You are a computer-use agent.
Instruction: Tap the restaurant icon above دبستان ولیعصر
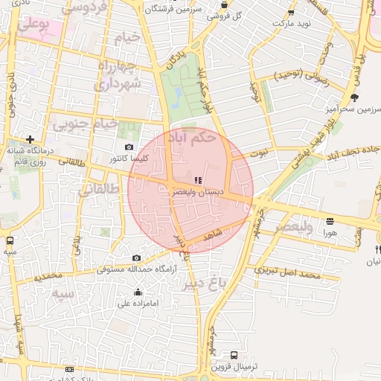click(x=197, y=180)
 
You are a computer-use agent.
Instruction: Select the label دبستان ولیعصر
click(x=197, y=191)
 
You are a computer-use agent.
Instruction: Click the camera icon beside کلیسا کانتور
click(x=130, y=147)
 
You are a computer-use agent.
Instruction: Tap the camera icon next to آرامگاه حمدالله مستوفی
click(x=136, y=258)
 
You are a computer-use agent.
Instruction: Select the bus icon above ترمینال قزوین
click(x=234, y=355)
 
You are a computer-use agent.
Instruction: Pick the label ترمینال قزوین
click(x=234, y=366)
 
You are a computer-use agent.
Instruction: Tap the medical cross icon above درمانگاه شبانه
click(x=30, y=139)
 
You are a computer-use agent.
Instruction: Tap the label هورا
click(x=330, y=232)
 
